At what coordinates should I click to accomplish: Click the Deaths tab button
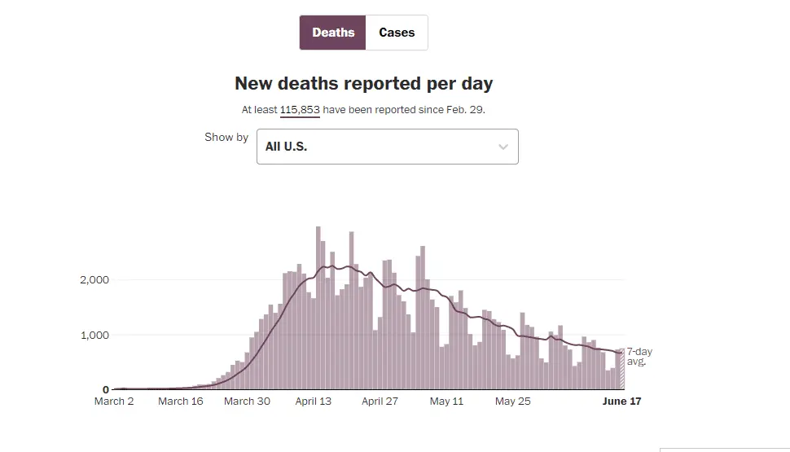(x=333, y=33)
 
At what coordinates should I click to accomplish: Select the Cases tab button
(x=397, y=33)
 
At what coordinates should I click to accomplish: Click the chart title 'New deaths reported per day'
(x=363, y=84)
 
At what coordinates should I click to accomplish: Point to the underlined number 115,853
(x=300, y=109)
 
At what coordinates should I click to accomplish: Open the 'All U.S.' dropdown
(x=387, y=147)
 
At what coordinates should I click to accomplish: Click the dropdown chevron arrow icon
(x=503, y=147)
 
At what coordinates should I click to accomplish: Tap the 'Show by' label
(x=226, y=137)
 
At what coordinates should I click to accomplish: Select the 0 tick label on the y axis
(x=106, y=389)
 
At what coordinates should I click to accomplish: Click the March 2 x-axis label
(x=114, y=402)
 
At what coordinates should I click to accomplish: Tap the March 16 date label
(x=181, y=402)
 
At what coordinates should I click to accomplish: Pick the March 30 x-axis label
(x=247, y=402)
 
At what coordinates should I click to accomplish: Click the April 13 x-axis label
(x=314, y=402)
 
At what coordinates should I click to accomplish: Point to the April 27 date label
(x=380, y=402)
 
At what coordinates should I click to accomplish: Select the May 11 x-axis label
(x=446, y=402)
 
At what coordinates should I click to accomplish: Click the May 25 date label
(x=513, y=402)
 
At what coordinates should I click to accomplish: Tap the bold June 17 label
(x=621, y=402)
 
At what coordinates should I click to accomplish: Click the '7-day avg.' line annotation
(x=639, y=356)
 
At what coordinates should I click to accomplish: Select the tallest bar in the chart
(x=318, y=309)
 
